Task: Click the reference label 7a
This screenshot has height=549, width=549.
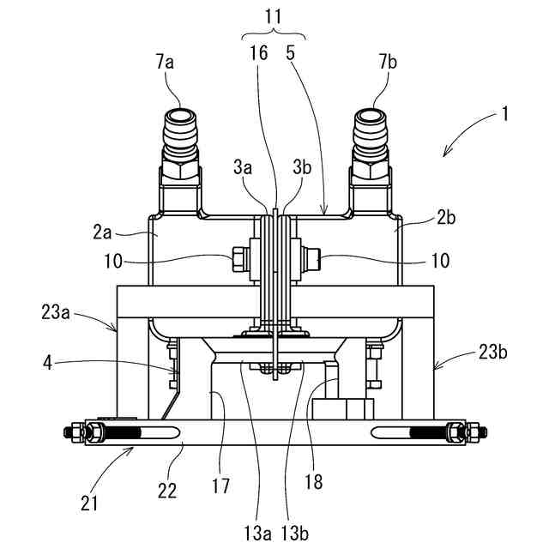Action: [166, 63]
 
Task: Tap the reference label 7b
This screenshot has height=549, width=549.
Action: [388, 63]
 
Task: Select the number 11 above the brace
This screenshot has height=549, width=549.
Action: [273, 16]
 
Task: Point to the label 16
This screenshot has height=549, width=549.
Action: [259, 52]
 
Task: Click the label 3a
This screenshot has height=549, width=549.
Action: [243, 167]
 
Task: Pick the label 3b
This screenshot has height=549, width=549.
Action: [302, 167]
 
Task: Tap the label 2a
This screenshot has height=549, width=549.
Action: [102, 232]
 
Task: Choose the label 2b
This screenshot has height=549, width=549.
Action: [446, 218]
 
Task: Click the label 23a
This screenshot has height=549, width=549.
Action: [56, 311]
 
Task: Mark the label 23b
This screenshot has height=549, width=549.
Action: [493, 352]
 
